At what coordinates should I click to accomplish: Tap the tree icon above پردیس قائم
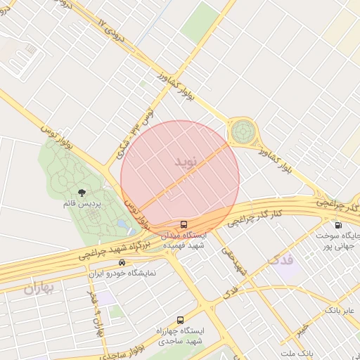point(82,192)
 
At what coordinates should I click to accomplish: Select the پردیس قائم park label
point(83,203)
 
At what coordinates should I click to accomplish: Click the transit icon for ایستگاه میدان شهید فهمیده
point(184,225)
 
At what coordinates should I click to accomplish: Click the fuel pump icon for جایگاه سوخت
point(338,226)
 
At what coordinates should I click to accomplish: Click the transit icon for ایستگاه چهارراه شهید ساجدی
point(181,320)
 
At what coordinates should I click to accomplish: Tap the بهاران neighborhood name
point(38,289)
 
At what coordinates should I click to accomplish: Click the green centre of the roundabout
point(243,130)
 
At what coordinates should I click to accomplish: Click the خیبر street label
point(302,330)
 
